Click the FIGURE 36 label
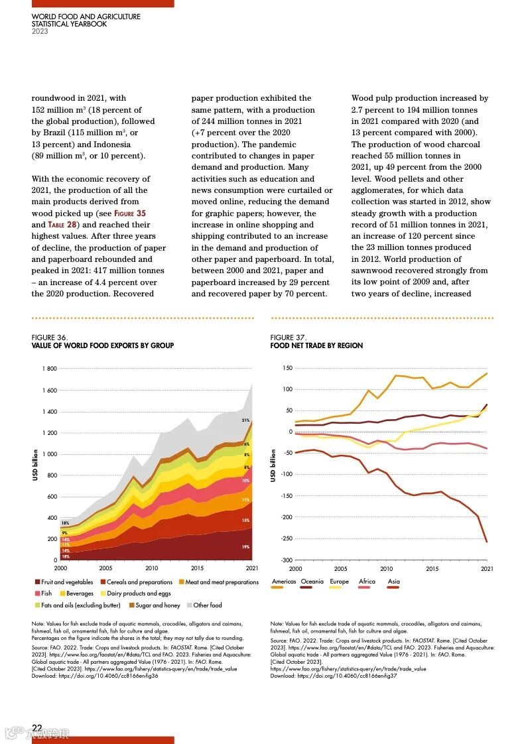[x=50, y=338]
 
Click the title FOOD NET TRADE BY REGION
[x=316, y=345]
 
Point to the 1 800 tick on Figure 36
[x=49, y=369]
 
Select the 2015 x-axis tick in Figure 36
[x=198, y=568]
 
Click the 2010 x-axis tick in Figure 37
[x=386, y=568]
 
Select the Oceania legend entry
[x=312, y=582]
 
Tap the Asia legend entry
[x=393, y=582]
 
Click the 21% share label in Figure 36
[x=245, y=420]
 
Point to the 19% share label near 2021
[x=245, y=547]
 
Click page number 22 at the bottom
[x=37, y=728]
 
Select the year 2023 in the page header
[x=40, y=31]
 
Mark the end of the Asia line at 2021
[x=486, y=542]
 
